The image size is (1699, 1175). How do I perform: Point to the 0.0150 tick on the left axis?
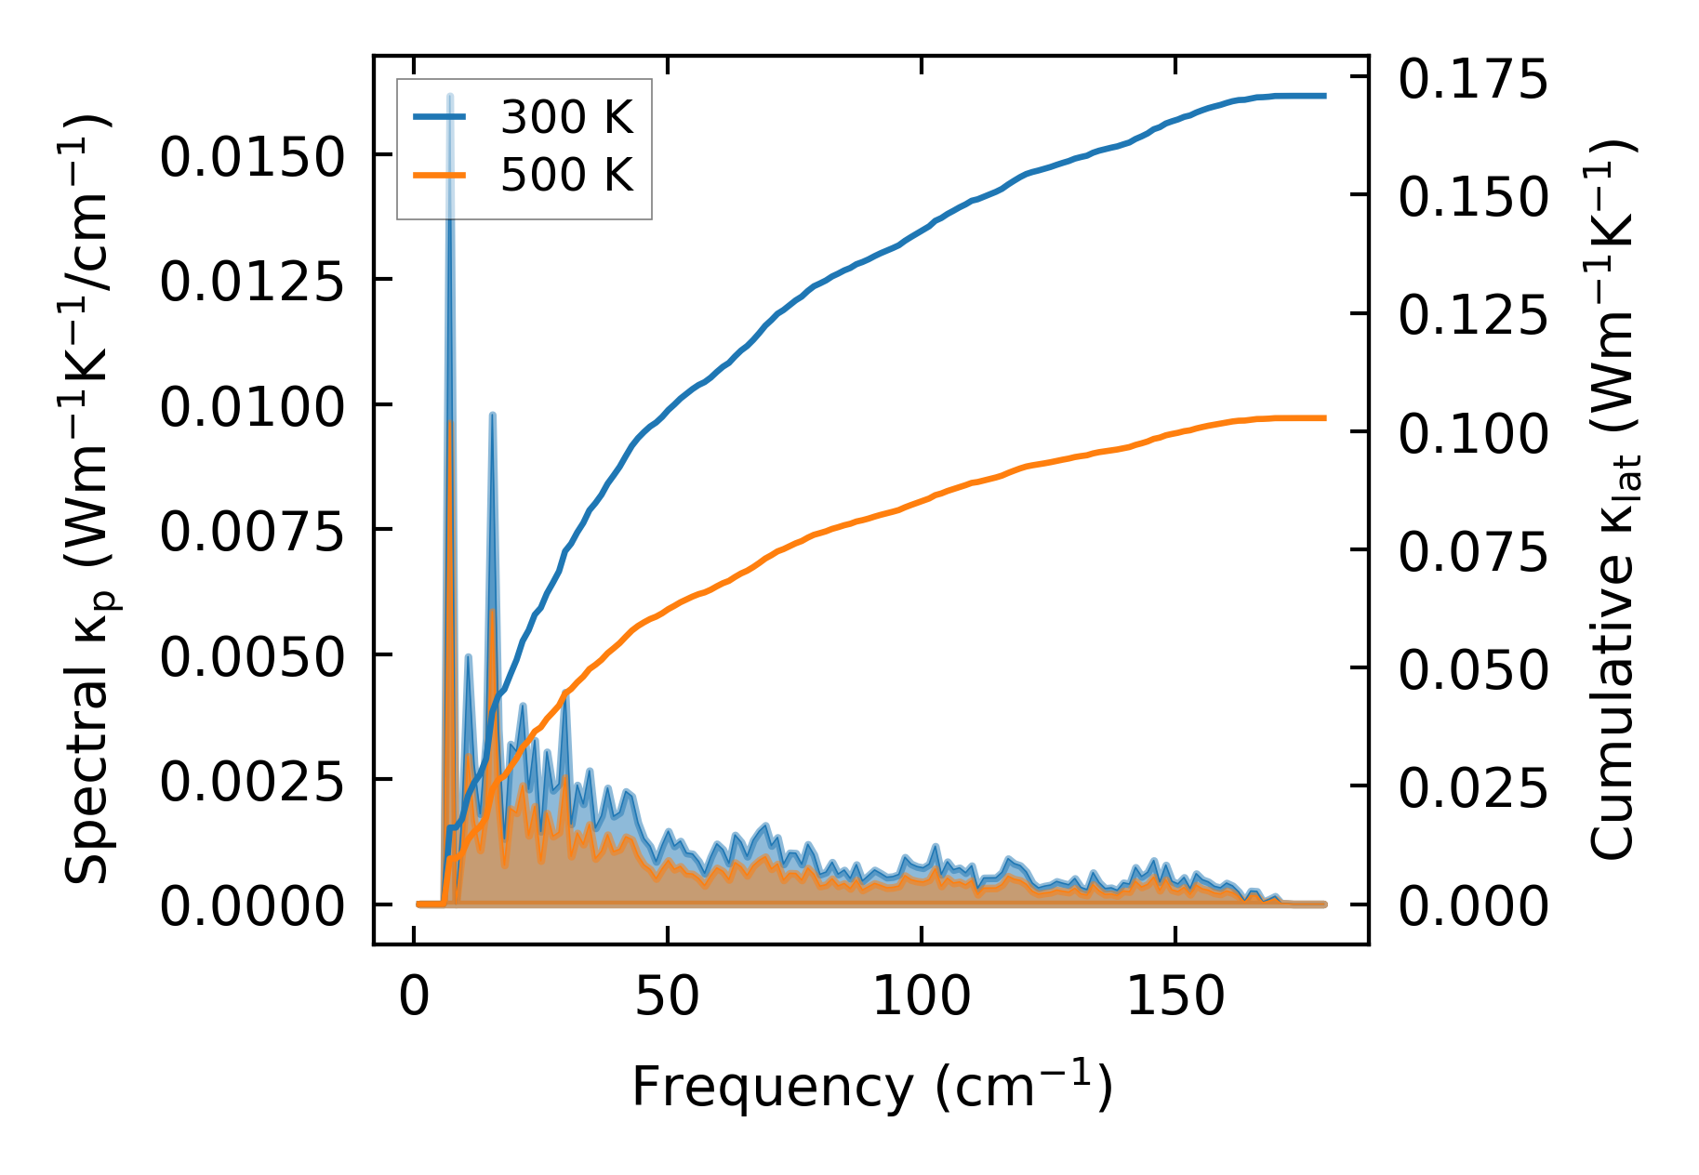(x=251, y=157)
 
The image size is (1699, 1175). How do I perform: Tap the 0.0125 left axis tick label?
(x=251, y=282)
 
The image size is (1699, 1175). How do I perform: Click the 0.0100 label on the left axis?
(x=251, y=407)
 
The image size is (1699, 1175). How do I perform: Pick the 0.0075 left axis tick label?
(x=251, y=533)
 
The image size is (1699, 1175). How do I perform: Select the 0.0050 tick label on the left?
(x=251, y=657)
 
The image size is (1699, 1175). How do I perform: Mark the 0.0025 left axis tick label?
(x=251, y=783)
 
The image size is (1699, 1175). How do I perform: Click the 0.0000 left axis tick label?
(x=251, y=907)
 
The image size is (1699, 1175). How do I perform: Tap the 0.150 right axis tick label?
(x=1473, y=197)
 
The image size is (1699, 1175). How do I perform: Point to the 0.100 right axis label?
(x=1473, y=434)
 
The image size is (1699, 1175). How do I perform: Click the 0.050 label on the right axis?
(x=1473, y=670)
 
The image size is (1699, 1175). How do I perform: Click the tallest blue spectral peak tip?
(x=450, y=95)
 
